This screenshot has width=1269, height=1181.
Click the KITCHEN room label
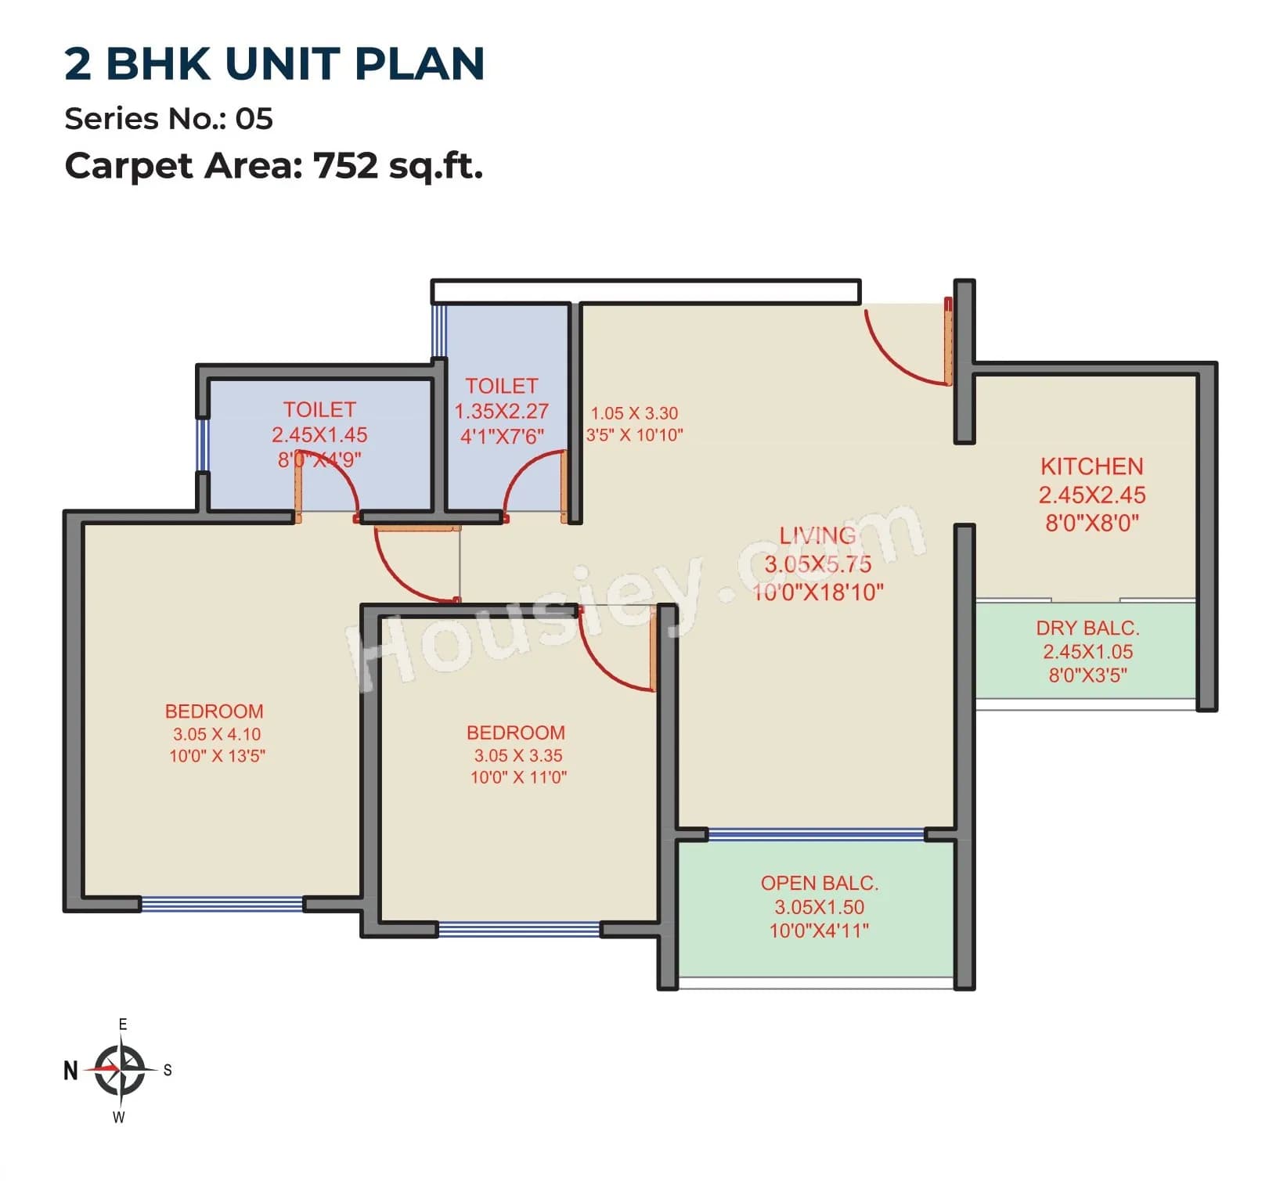[x=1091, y=466]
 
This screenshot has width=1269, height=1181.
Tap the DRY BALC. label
[x=1087, y=628]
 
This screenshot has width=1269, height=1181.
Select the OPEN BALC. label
[x=819, y=883]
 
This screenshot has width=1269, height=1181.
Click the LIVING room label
[x=817, y=535]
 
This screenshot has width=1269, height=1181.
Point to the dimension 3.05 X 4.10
[x=217, y=734]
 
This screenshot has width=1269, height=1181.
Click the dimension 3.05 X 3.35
[x=517, y=755]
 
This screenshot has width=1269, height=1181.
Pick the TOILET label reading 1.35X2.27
[x=501, y=386]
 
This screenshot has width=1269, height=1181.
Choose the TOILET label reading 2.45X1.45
[x=319, y=409]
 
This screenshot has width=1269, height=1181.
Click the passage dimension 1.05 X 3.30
[x=634, y=413]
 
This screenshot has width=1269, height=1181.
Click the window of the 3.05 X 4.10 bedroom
[x=222, y=905]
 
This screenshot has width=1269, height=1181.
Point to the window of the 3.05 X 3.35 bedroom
[x=519, y=930]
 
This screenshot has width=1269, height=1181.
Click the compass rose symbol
[x=120, y=1069]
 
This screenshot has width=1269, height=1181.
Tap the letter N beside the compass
[x=70, y=1070]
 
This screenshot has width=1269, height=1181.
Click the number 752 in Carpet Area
[x=344, y=166]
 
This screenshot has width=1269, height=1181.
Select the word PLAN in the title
[x=420, y=64]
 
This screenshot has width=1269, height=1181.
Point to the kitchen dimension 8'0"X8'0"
[x=1091, y=523]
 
